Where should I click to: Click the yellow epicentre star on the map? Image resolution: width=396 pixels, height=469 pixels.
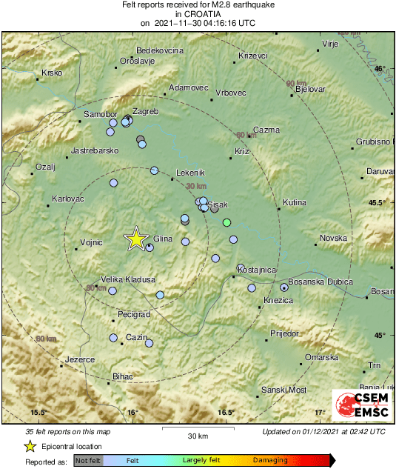(136, 239)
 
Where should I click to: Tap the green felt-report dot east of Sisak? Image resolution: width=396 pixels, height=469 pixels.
(227, 223)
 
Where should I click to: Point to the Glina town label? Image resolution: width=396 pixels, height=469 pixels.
(163, 239)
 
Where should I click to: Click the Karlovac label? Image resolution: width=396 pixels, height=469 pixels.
(68, 199)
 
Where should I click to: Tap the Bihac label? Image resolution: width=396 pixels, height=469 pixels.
(122, 376)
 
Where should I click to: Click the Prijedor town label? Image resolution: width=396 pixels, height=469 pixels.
(283, 333)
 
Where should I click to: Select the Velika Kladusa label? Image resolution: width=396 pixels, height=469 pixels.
(128, 279)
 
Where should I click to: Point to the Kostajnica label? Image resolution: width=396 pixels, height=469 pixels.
(258, 270)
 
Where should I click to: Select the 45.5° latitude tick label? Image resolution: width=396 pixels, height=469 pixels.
(378, 202)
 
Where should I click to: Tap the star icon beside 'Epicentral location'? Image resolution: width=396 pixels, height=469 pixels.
(30, 446)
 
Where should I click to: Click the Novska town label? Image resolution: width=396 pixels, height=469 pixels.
(333, 238)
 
